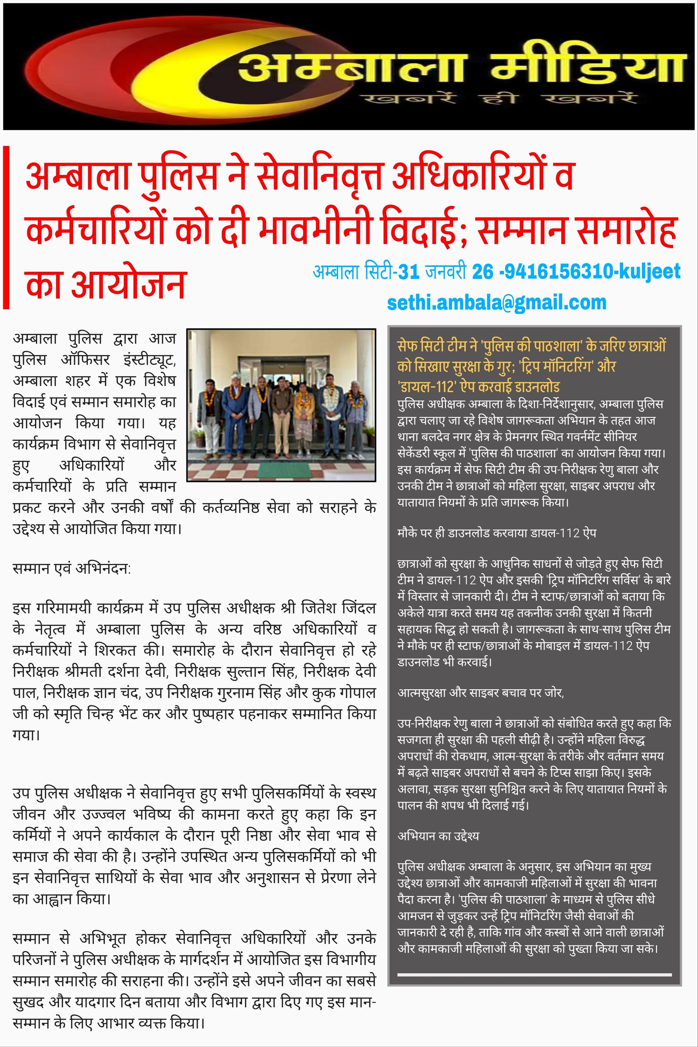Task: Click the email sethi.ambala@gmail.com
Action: [x=496, y=302]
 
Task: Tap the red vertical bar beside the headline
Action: [x=6, y=227]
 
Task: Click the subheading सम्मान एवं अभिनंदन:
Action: [x=72, y=568]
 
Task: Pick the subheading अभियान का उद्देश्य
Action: [x=438, y=835]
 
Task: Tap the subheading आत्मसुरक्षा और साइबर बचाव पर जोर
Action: [x=480, y=693]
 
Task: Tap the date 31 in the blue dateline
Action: [x=409, y=271]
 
